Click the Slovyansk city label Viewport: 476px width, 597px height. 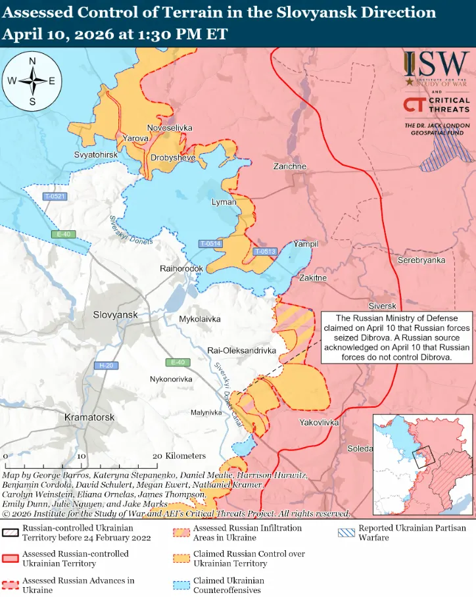[115, 315]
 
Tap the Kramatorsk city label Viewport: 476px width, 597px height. [89, 418]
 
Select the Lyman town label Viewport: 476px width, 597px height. [224, 203]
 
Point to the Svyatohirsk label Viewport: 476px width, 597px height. [95, 154]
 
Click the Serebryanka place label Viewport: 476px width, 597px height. [421, 260]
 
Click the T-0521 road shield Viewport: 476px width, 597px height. [55, 197]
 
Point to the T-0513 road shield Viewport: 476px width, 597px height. [265, 251]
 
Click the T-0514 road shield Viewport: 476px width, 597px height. [210, 244]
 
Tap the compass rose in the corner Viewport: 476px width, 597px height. [32, 81]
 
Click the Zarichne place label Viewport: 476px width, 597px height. [290, 166]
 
